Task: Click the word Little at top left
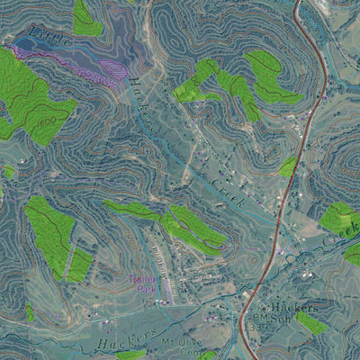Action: [x=49, y=39]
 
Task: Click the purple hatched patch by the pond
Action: [x=113, y=69]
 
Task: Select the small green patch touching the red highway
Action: [x=288, y=167]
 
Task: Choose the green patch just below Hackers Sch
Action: [x=311, y=322]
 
